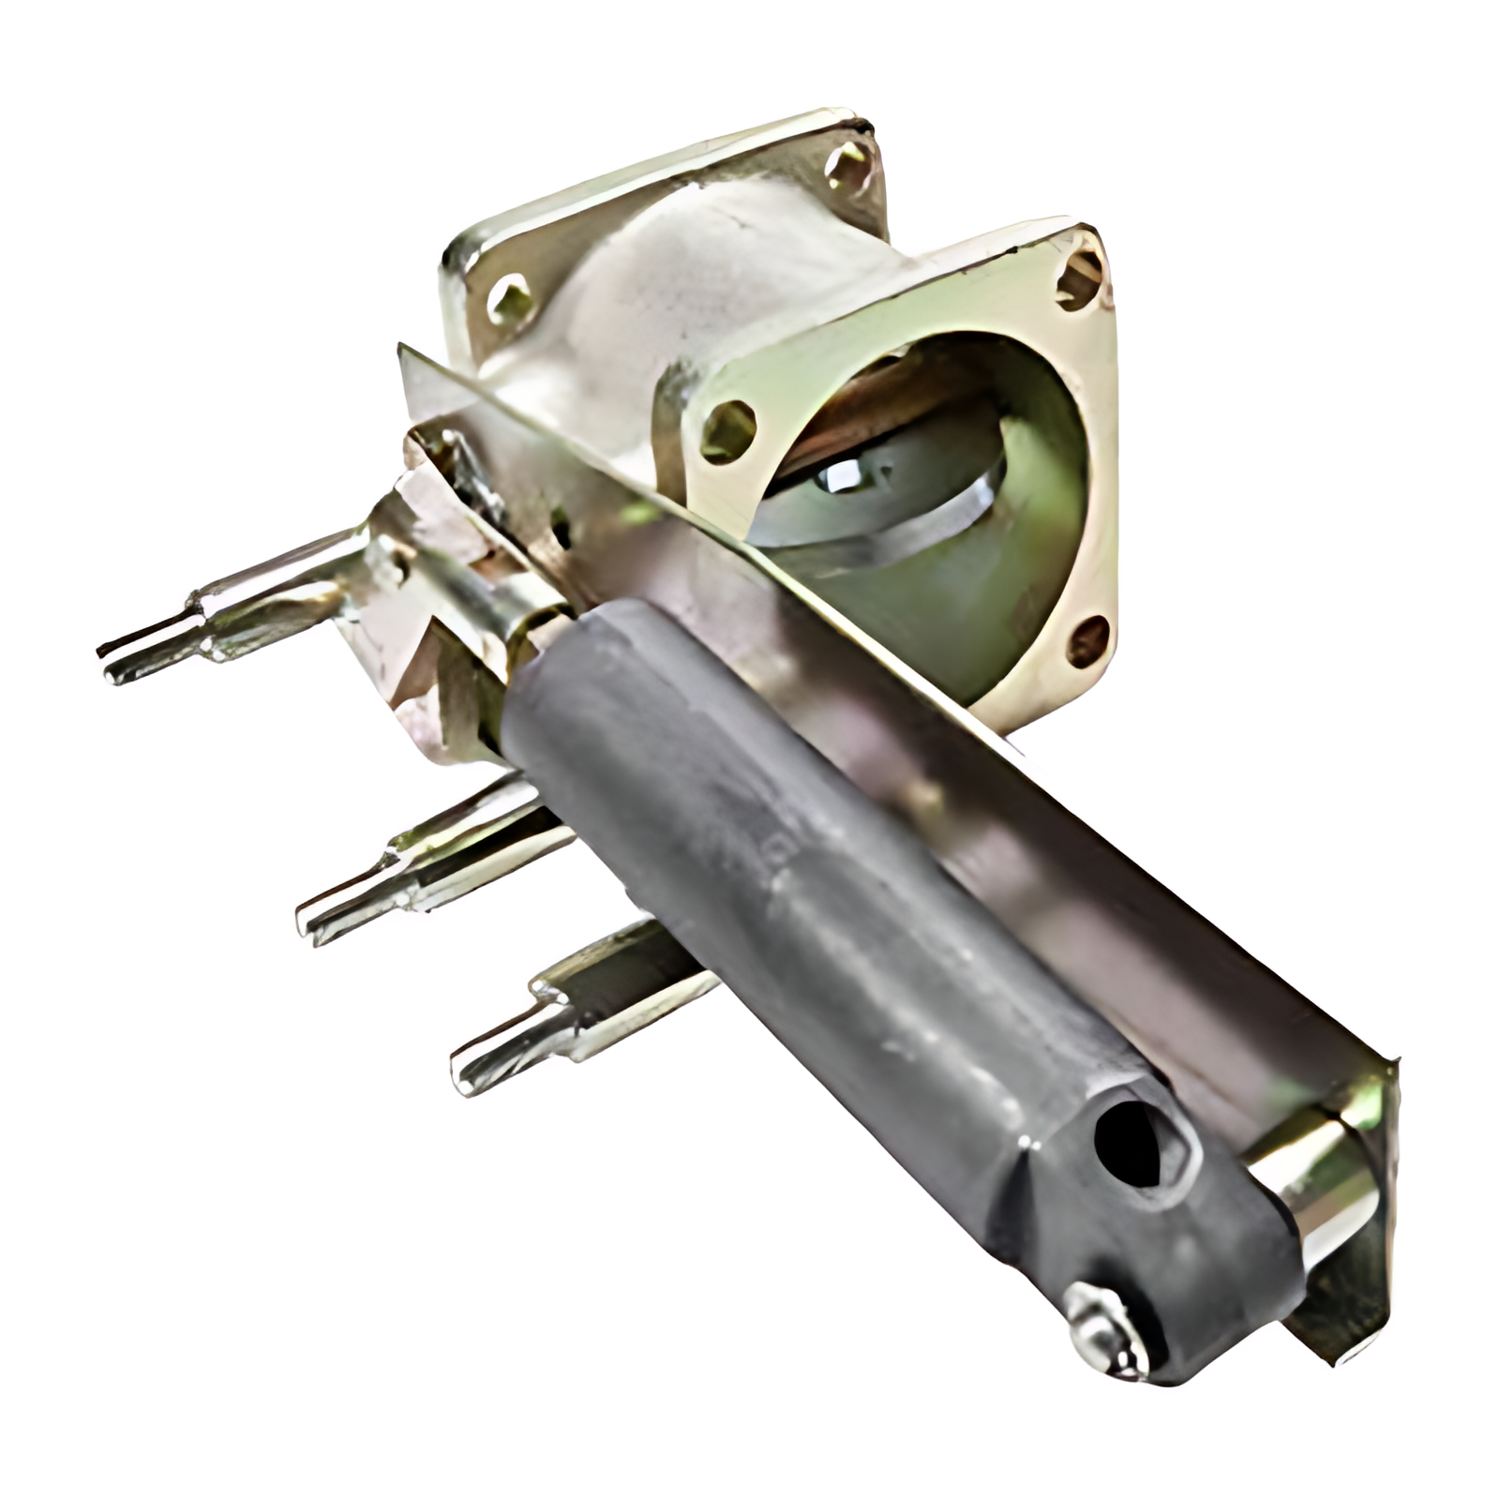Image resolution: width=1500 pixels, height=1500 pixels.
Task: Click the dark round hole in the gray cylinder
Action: pyautogui.click(x=1132, y=1145)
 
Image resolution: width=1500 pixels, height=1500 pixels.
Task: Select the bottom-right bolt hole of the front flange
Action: pyautogui.click(x=1087, y=640)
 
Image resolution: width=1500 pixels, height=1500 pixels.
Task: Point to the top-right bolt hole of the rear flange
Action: pyautogui.click(x=848, y=169)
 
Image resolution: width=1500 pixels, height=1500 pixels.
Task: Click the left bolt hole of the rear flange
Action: pyautogui.click(x=510, y=298)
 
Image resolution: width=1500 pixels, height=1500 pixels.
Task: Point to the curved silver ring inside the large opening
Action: pyautogui.click(x=900, y=525)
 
